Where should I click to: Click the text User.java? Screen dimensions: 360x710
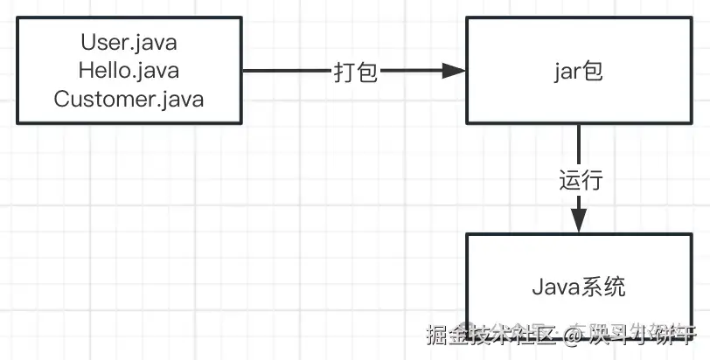(129, 41)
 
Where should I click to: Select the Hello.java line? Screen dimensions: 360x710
(129, 70)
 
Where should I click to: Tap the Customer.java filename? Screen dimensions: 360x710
(129, 99)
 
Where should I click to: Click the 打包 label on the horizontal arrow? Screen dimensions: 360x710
(356, 73)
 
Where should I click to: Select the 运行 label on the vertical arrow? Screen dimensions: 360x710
(581, 181)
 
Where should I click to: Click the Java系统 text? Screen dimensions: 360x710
(579, 287)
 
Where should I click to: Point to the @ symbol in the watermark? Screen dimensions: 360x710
(574, 334)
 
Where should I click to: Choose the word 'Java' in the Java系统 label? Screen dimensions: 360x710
(555, 287)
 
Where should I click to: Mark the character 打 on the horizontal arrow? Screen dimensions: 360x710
(345, 73)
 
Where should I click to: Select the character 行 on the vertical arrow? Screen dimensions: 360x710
(592, 181)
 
